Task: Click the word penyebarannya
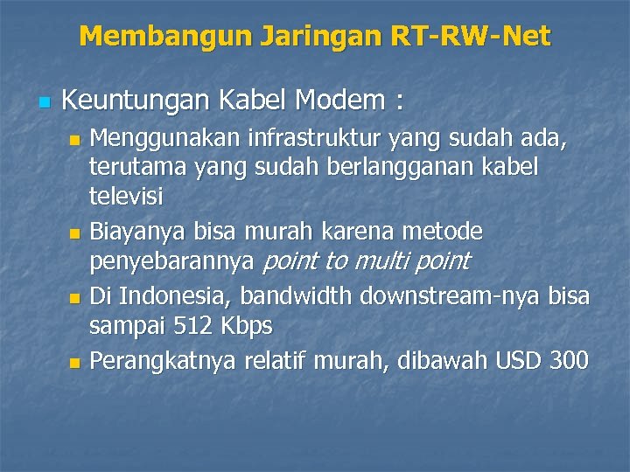172,260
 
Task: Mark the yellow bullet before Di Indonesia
75,298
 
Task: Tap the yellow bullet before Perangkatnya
75,361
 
